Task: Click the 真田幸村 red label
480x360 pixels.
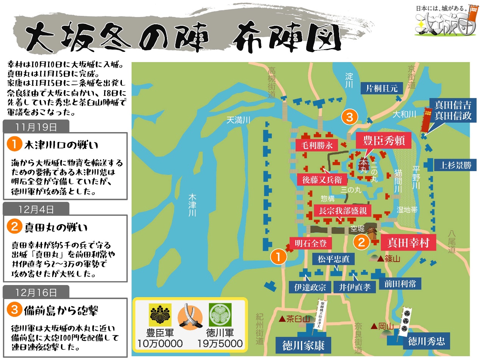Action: tap(408, 242)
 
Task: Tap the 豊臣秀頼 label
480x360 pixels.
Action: tap(381, 141)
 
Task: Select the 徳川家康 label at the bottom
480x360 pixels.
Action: tap(303, 345)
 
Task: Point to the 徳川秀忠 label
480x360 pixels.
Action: tap(426, 342)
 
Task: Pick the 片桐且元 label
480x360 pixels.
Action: tap(382, 89)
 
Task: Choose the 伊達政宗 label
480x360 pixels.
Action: tap(307, 287)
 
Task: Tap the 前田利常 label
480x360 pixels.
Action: tap(400, 284)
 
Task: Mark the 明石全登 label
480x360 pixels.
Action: tap(310, 243)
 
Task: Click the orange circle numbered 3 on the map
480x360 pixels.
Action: tap(349, 118)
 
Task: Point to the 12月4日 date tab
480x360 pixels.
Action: tap(36, 209)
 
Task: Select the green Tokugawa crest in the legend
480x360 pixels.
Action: tap(220, 315)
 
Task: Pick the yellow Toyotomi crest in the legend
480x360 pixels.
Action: tap(161, 315)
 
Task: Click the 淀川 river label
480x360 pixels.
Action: tap(349, 80)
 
